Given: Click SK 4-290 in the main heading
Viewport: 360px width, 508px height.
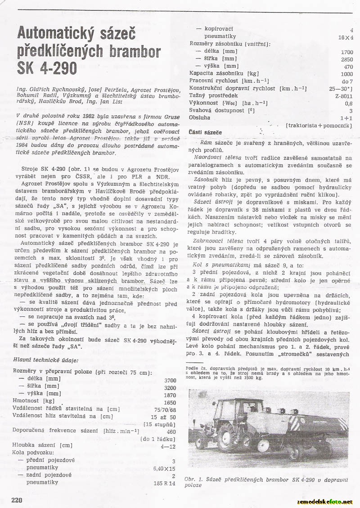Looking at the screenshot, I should pos(47,67).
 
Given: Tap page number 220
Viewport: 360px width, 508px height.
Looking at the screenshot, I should pos(17,499).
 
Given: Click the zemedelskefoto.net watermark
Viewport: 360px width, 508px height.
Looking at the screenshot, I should pos(325,501).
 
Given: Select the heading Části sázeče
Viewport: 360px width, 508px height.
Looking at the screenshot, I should pos(205,133).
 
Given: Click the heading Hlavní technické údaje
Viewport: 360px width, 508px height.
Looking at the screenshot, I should pos(45,360).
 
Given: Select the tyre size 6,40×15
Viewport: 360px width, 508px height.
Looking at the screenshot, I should pos(165,468).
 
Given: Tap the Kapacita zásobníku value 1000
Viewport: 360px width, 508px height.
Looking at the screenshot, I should pos(346,74).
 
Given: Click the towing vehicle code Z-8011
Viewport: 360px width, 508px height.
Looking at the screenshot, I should pos(344,96).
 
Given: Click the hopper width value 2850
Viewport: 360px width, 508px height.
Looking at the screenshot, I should pos(346,59).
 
